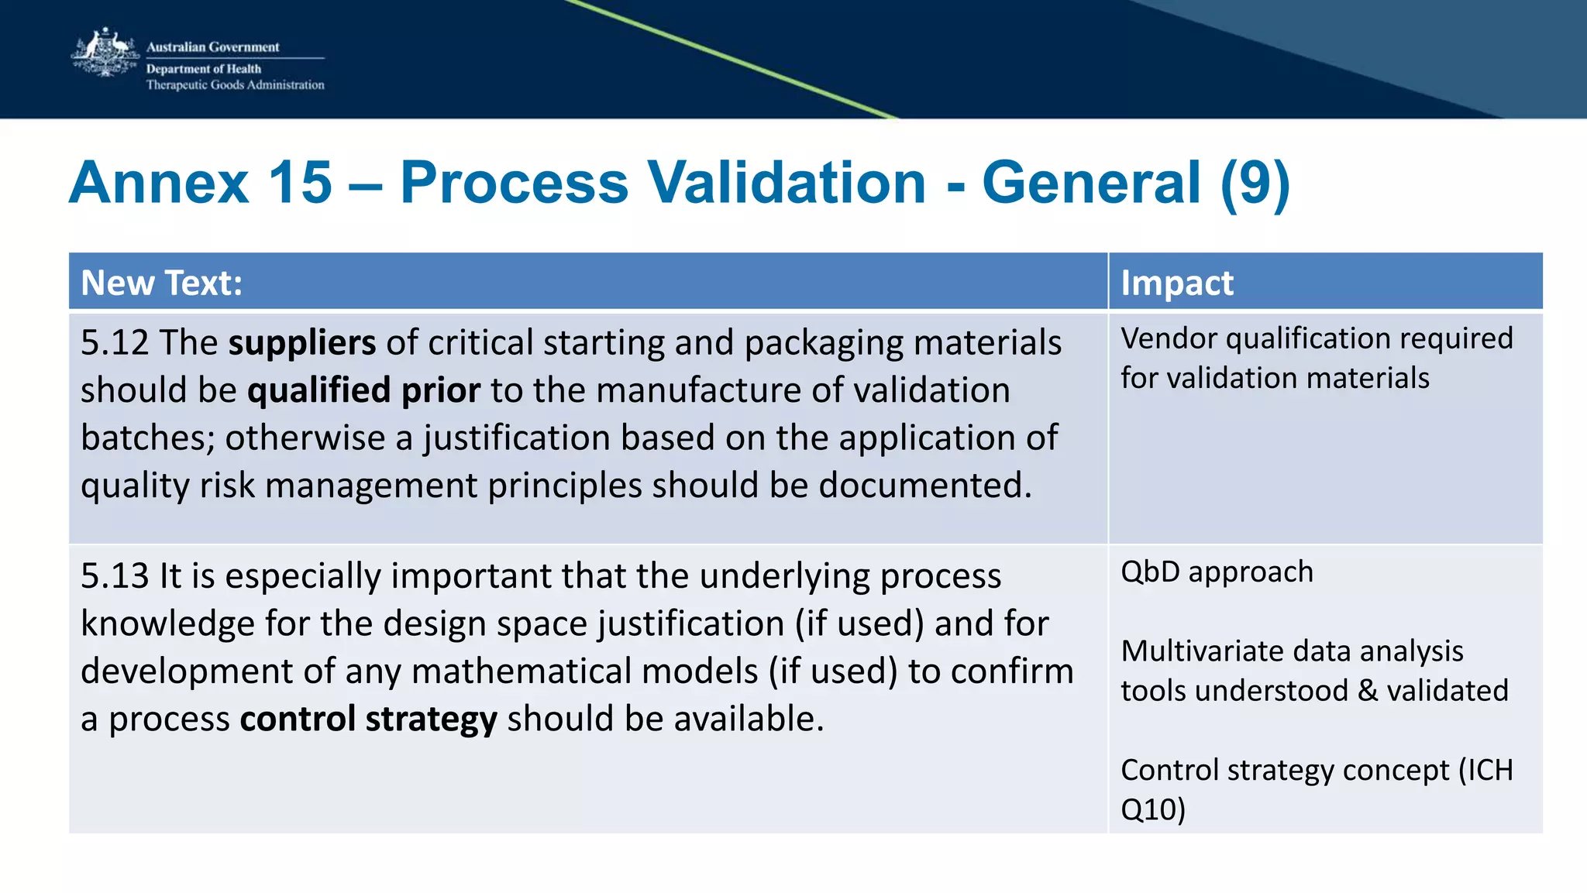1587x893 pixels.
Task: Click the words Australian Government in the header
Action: click(212, 46)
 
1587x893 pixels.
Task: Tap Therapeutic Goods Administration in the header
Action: click(235, 84)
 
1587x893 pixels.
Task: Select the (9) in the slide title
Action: click(1255, 183)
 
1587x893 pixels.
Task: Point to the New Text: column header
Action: click(161, 283)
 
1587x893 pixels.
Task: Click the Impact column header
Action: click(1176, 283)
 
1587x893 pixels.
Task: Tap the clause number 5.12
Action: click(115, 342)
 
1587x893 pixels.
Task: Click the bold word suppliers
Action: click(302, 342)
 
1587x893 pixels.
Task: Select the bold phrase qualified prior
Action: click(363, 390)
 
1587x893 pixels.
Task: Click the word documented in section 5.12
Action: click(925, 486)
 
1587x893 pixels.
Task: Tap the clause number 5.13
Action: click(115, 575)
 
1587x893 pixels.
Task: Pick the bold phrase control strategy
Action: click(368, 719)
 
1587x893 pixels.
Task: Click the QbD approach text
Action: click(1217, 572)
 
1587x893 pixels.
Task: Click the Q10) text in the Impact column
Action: click(1153, 809)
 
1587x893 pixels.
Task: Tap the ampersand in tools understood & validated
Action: click(1368, 690)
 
